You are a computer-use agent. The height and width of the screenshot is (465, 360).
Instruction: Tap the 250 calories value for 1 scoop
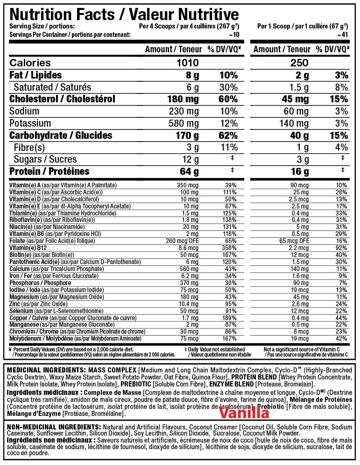(x=299, y=63)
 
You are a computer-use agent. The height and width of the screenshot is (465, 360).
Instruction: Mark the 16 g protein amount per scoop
(x=299, y=172)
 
